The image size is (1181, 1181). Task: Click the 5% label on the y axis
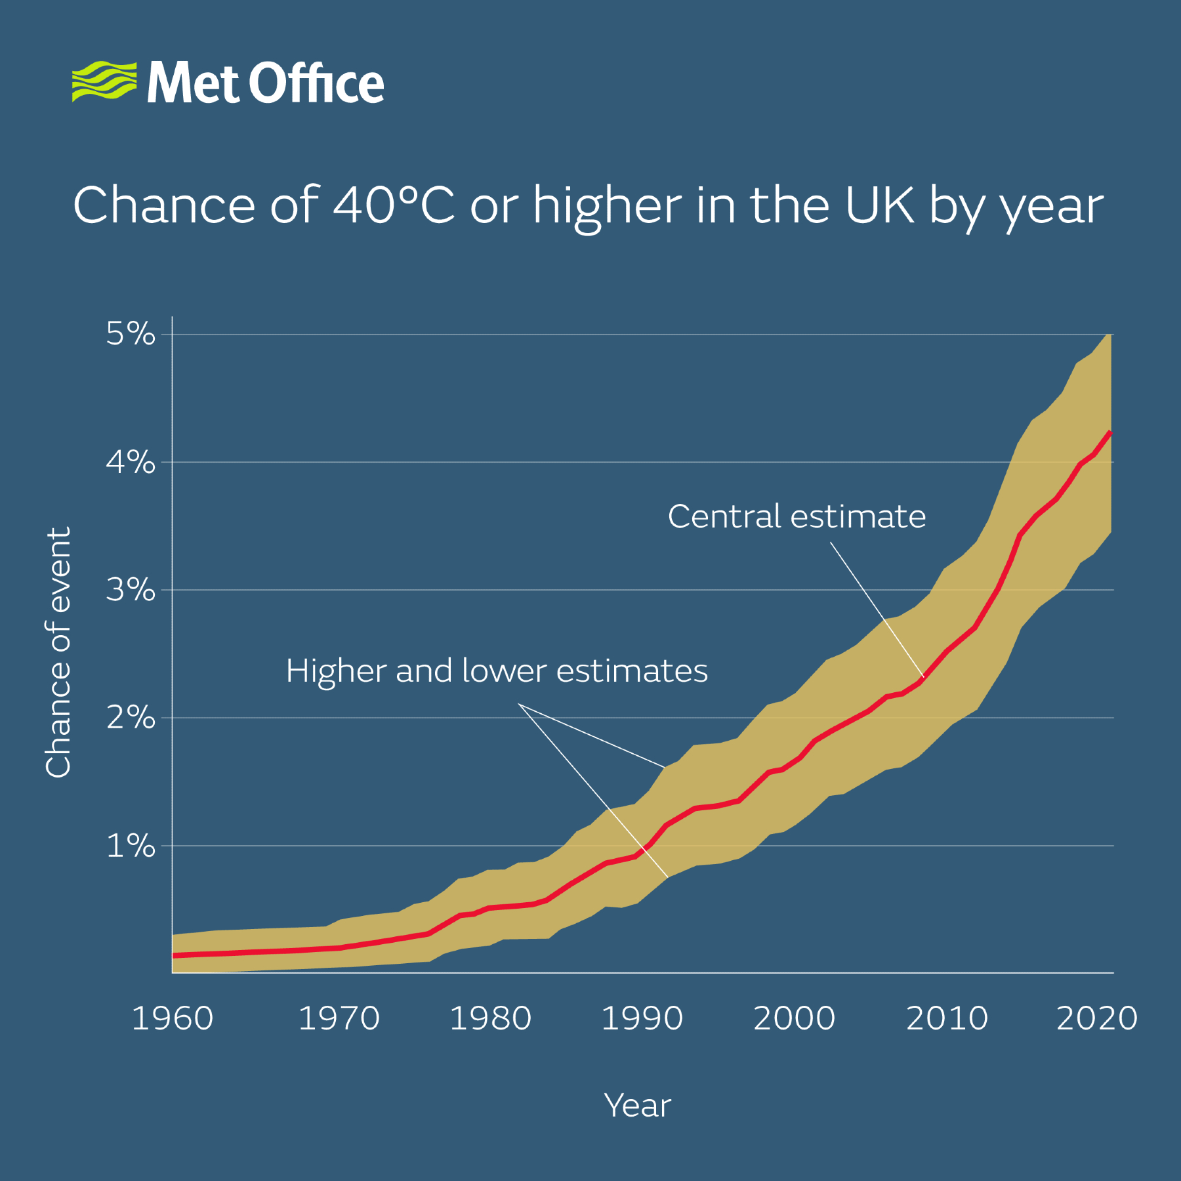tap(131, 334)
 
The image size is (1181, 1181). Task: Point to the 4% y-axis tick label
tap(131, 463)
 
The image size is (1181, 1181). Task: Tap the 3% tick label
tap(131, 590)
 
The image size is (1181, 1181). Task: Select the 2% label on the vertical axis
tap(131, 718)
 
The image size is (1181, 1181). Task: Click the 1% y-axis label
tap(131, 846)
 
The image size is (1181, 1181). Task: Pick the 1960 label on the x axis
tap(173, 1018)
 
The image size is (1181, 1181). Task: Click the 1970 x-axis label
tap(339, 1018)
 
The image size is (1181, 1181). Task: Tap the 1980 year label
tap(491, 1018)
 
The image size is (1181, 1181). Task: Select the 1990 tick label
tap(642, 1018)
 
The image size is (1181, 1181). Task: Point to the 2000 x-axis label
tap(794, 1018)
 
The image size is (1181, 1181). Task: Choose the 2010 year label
tap(947, 1018)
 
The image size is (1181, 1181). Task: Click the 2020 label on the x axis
tap(1096, 1018)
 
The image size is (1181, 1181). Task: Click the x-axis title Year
tap(637, 1106)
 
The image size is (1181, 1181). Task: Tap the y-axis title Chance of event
tap(58, 653)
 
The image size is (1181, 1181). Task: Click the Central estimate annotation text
tap(797, 516)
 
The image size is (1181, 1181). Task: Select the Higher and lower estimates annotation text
tap(497, 671)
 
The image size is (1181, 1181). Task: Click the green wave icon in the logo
tap(104, 81)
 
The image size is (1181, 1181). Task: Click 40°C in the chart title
tap(394, 205)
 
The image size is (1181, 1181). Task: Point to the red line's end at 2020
tap(1109, 432)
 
